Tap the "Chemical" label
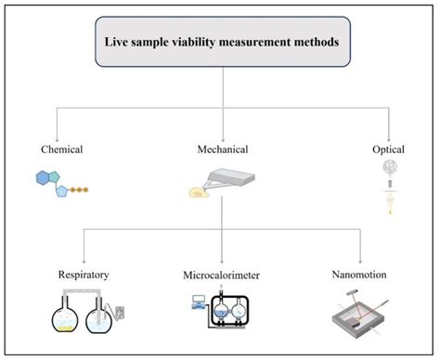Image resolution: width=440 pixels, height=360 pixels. point(62,148)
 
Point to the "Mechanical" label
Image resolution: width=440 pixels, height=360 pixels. point(221,148)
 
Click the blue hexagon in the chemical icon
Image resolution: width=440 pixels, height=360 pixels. point(45,177)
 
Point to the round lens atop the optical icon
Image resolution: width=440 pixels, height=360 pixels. point(380,171)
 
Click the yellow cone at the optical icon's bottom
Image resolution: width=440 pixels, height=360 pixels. point(380,210)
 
